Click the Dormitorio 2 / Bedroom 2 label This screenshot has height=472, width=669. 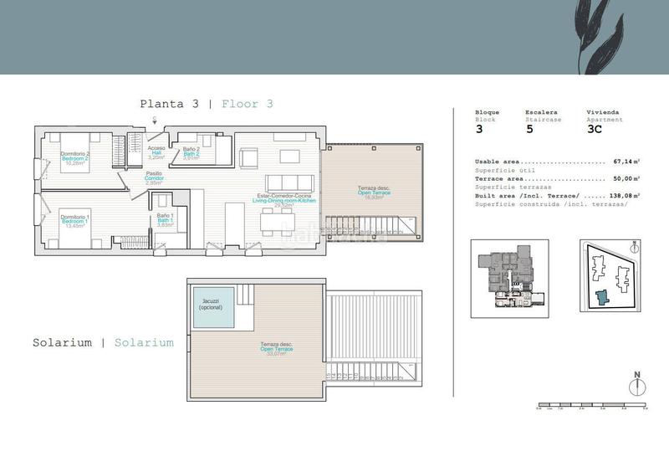click(75, 157)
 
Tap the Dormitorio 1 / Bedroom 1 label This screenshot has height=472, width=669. click(74, 221)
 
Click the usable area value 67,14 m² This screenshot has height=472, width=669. click(626, 162)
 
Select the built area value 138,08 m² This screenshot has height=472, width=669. click(624, 195)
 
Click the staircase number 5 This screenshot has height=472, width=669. click(529, 129)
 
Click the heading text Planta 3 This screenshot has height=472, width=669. click(170, 105)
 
